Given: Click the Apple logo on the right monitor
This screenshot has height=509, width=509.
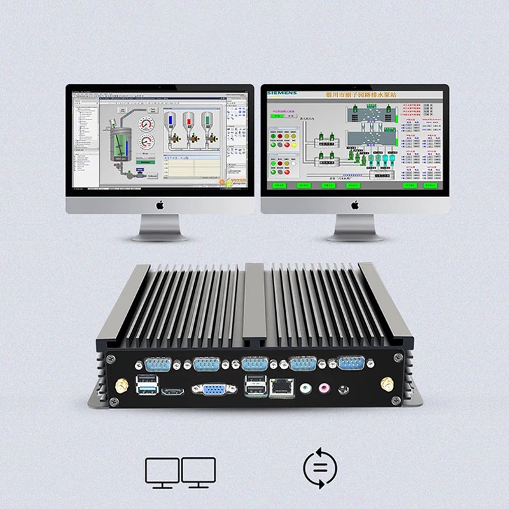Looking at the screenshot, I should (354, 204).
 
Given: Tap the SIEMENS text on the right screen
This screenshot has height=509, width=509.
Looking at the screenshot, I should (282, 93).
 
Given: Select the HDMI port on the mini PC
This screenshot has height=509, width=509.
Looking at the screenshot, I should (170, 389).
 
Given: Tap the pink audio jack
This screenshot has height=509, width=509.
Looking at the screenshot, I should (326, 386).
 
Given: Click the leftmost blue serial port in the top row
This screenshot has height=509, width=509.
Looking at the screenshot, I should (156, 365).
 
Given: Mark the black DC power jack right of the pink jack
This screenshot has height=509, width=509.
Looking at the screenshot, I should (344, 387).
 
